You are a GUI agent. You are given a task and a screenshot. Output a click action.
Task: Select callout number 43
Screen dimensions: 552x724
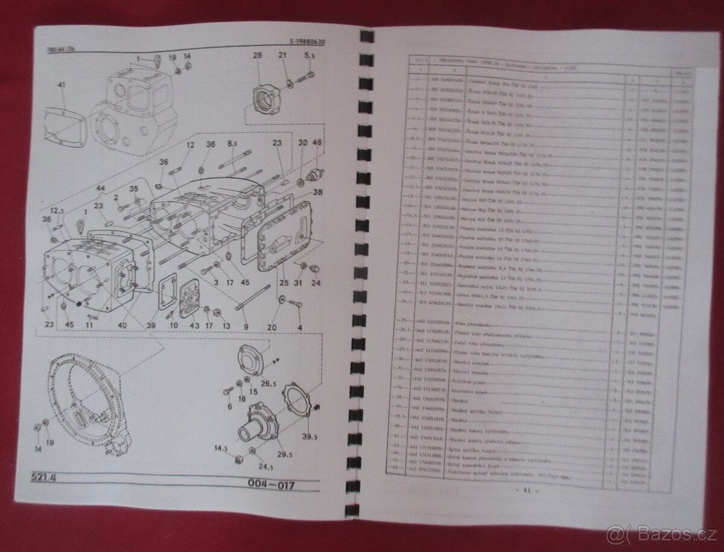[194, 326]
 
